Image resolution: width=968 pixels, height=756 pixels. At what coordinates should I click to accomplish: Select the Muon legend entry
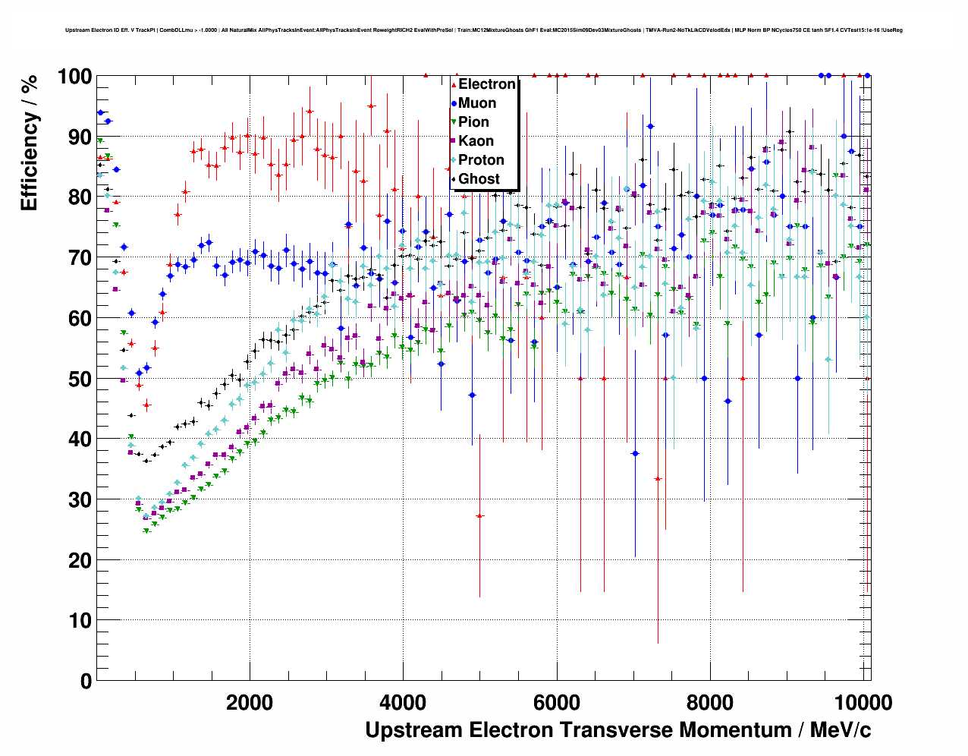[476, 103]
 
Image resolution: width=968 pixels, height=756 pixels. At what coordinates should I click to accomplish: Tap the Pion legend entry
[473, 122]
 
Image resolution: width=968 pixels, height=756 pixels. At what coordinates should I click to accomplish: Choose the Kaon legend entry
[476, 141]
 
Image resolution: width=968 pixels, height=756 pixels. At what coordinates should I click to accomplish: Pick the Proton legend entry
[481, 160]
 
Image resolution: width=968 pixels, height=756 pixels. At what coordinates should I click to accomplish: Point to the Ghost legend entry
[479, 179]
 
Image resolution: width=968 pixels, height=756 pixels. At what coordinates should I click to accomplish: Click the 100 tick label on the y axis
[74, 77]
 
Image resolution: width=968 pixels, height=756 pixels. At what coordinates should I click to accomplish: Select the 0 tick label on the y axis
[85, 681]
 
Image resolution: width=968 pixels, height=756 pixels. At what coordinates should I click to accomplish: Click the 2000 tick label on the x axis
[250, 702]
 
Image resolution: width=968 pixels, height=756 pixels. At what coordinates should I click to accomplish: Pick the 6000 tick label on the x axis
[557, 702]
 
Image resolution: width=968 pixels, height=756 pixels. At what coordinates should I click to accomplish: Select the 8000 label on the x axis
[710, 702]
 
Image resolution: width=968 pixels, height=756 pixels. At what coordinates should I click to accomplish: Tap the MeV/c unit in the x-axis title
[840, 730]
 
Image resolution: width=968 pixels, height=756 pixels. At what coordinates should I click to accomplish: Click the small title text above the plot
[483, 30]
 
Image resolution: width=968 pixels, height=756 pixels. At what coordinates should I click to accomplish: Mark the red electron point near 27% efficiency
[479, 516]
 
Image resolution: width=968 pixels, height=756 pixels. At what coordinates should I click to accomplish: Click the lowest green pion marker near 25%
[146, 531]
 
